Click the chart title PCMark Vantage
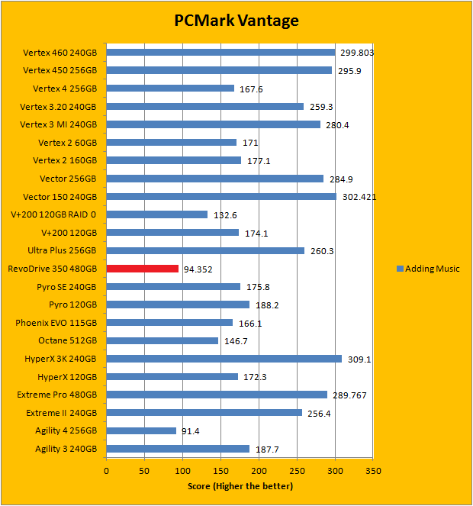click(236, 21)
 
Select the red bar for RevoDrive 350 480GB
click(143, 269)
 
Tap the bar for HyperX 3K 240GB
click(224, 359)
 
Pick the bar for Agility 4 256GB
click(141, 430)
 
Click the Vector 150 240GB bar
click(221, 196)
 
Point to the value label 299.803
click(356, 53)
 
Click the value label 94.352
click(199, 269)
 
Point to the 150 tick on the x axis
click(221, 471)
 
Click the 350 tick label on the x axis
click(373, 471)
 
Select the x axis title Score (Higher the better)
click(240, 486)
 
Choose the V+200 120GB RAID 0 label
click(54, 215)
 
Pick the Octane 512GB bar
click(162, 340)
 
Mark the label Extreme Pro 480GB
click(57, 395)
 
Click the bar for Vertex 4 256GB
click(170, 89)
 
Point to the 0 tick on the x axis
click(107, 471)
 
